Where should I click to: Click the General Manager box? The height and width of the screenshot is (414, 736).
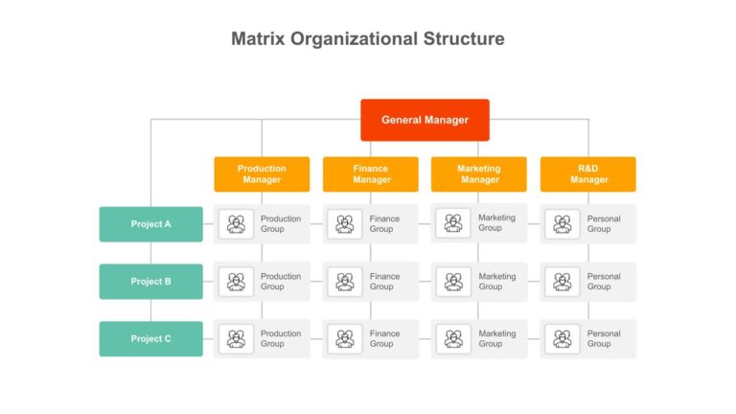[x=425, y=120]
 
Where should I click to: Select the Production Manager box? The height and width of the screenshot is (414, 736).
[x=262, y=174]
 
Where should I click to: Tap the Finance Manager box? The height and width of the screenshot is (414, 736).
[x=370, y=174]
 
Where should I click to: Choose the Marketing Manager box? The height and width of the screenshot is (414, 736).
[x=479, y=174]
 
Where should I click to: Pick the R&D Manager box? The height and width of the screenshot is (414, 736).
[x=588, y=174]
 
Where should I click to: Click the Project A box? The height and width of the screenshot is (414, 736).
[x=151, y=224]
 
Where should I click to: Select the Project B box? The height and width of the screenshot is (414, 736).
[x=151, y=282]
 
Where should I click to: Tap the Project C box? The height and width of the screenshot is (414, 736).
[x=151, y=339]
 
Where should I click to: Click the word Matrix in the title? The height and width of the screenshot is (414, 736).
[x=258, y=38]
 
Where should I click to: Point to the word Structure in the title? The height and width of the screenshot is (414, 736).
[x=464, y=38]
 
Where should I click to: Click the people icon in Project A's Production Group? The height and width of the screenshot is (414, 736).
[x=236, y=224]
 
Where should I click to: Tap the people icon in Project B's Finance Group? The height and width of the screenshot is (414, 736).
[x=345, y=282]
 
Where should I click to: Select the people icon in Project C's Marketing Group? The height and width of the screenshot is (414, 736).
[x=453, y=339]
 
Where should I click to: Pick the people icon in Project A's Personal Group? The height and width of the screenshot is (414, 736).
[x=563, y=224]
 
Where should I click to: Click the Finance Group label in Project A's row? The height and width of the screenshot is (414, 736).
[x=384, y=224]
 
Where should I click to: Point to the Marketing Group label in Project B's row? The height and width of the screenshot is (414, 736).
[x=497, y=281]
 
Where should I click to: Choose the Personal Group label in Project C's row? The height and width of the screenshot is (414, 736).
[x=604, y=338]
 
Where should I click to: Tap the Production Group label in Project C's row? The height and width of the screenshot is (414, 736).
[x=281, y=338]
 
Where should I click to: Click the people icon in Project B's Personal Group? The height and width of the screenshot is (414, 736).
[x=563, y=282]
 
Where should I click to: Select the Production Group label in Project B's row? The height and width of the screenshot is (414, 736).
[x=281, y=281]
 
